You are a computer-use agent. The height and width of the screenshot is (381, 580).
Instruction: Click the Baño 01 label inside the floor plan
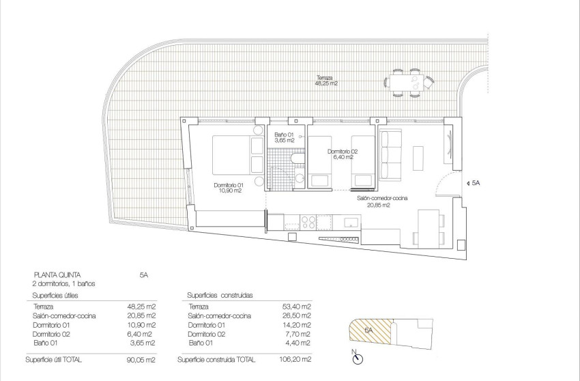click(x=284, y=137)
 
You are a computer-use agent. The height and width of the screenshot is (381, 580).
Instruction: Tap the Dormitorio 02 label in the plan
click(x=342, y=154)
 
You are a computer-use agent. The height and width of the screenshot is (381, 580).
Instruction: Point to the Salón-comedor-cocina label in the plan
click(x=382, y=201)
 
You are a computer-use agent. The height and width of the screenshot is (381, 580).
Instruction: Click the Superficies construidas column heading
click(x=220, y=295)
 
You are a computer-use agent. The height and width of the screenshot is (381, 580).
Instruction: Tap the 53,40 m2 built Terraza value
click(x=298, y=307)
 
